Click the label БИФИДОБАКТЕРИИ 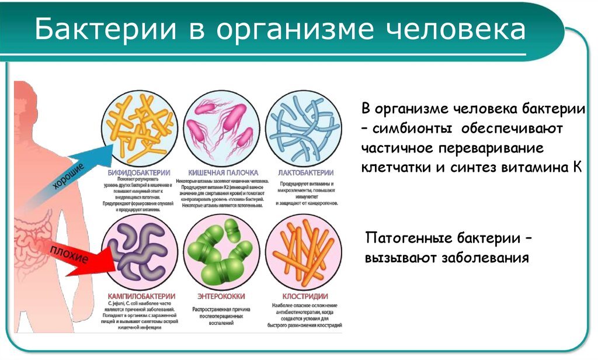(140, 173)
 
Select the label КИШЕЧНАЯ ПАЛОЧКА (223, 173)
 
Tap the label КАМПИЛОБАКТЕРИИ (139, 296)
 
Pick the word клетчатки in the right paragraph (395, 167)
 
